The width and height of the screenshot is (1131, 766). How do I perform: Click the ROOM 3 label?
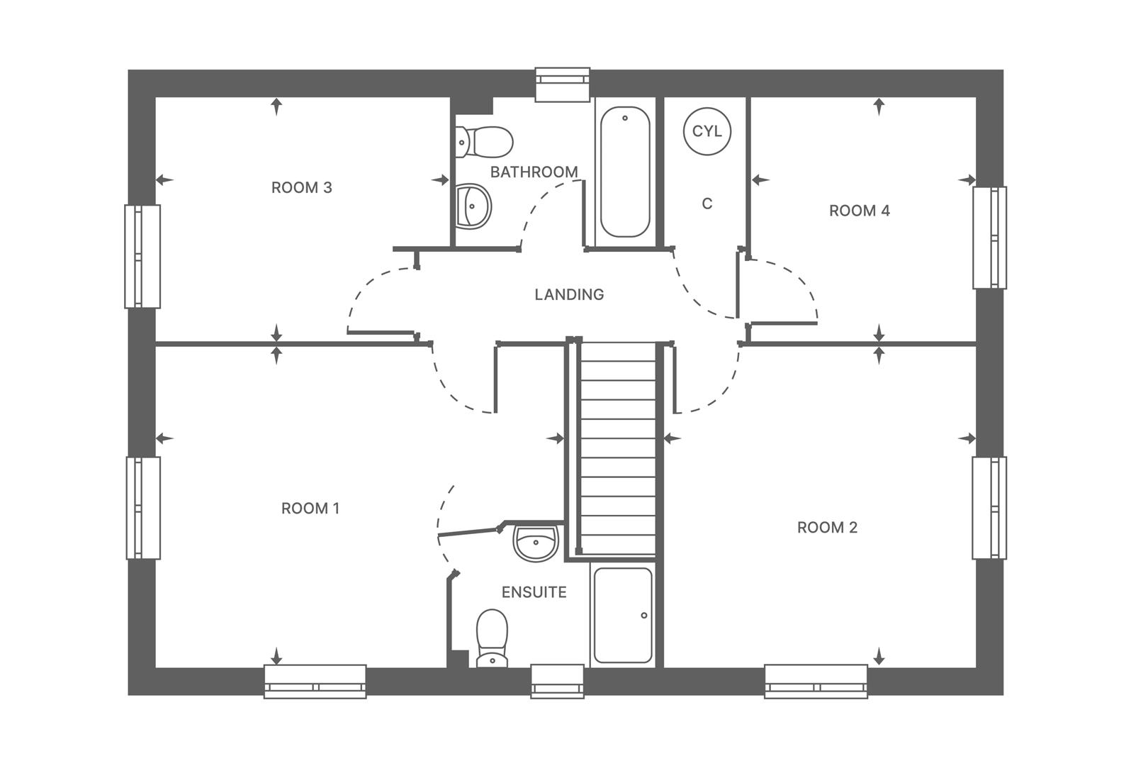coord(301,188)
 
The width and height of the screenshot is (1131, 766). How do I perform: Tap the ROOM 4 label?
coord(859,211)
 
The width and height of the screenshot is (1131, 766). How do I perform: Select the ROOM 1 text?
coord(310,509)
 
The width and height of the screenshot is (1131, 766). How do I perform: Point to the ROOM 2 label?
coord(827,528)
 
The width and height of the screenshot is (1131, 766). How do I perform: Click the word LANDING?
coord(569,294)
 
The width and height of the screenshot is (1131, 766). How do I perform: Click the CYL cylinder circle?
coord(707,131)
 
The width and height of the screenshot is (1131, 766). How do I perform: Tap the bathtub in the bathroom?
coord(624,172)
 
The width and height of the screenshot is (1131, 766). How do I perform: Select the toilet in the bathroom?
coord(484,142)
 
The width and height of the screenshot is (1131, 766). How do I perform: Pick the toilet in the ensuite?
coord(492,637)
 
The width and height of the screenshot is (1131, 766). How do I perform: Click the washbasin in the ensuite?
coord(536,543)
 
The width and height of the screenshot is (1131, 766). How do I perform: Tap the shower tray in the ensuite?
coord(623,615)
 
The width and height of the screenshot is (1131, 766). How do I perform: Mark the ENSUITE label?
coord(534,592)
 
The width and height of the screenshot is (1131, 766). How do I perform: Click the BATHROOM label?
coord(534,172)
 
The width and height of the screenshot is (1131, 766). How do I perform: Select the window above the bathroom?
coord(562,84)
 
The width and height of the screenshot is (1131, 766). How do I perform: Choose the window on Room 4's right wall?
coord(989,238)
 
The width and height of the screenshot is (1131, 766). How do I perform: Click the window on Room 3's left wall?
coord(142,256)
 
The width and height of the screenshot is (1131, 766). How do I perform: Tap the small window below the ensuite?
coord(557,681)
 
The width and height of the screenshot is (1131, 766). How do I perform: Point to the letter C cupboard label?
coord(707,204)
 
